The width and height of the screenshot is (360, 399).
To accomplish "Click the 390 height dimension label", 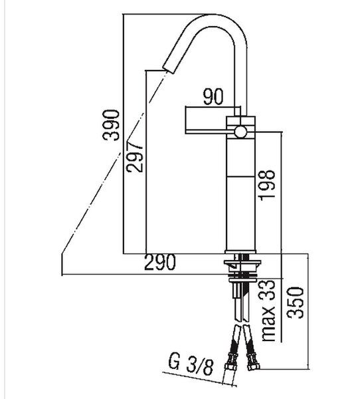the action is [x=111, y=125].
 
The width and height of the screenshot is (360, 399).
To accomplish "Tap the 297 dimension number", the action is [x=135, y=157].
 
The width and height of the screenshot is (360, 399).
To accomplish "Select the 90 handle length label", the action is [x=213, y=96].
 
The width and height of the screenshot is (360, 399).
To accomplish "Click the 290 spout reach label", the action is [x=160, y=262].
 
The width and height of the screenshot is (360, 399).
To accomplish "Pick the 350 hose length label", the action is [x=296, y=303].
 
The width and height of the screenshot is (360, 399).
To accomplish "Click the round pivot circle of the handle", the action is [x=240, y=132].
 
